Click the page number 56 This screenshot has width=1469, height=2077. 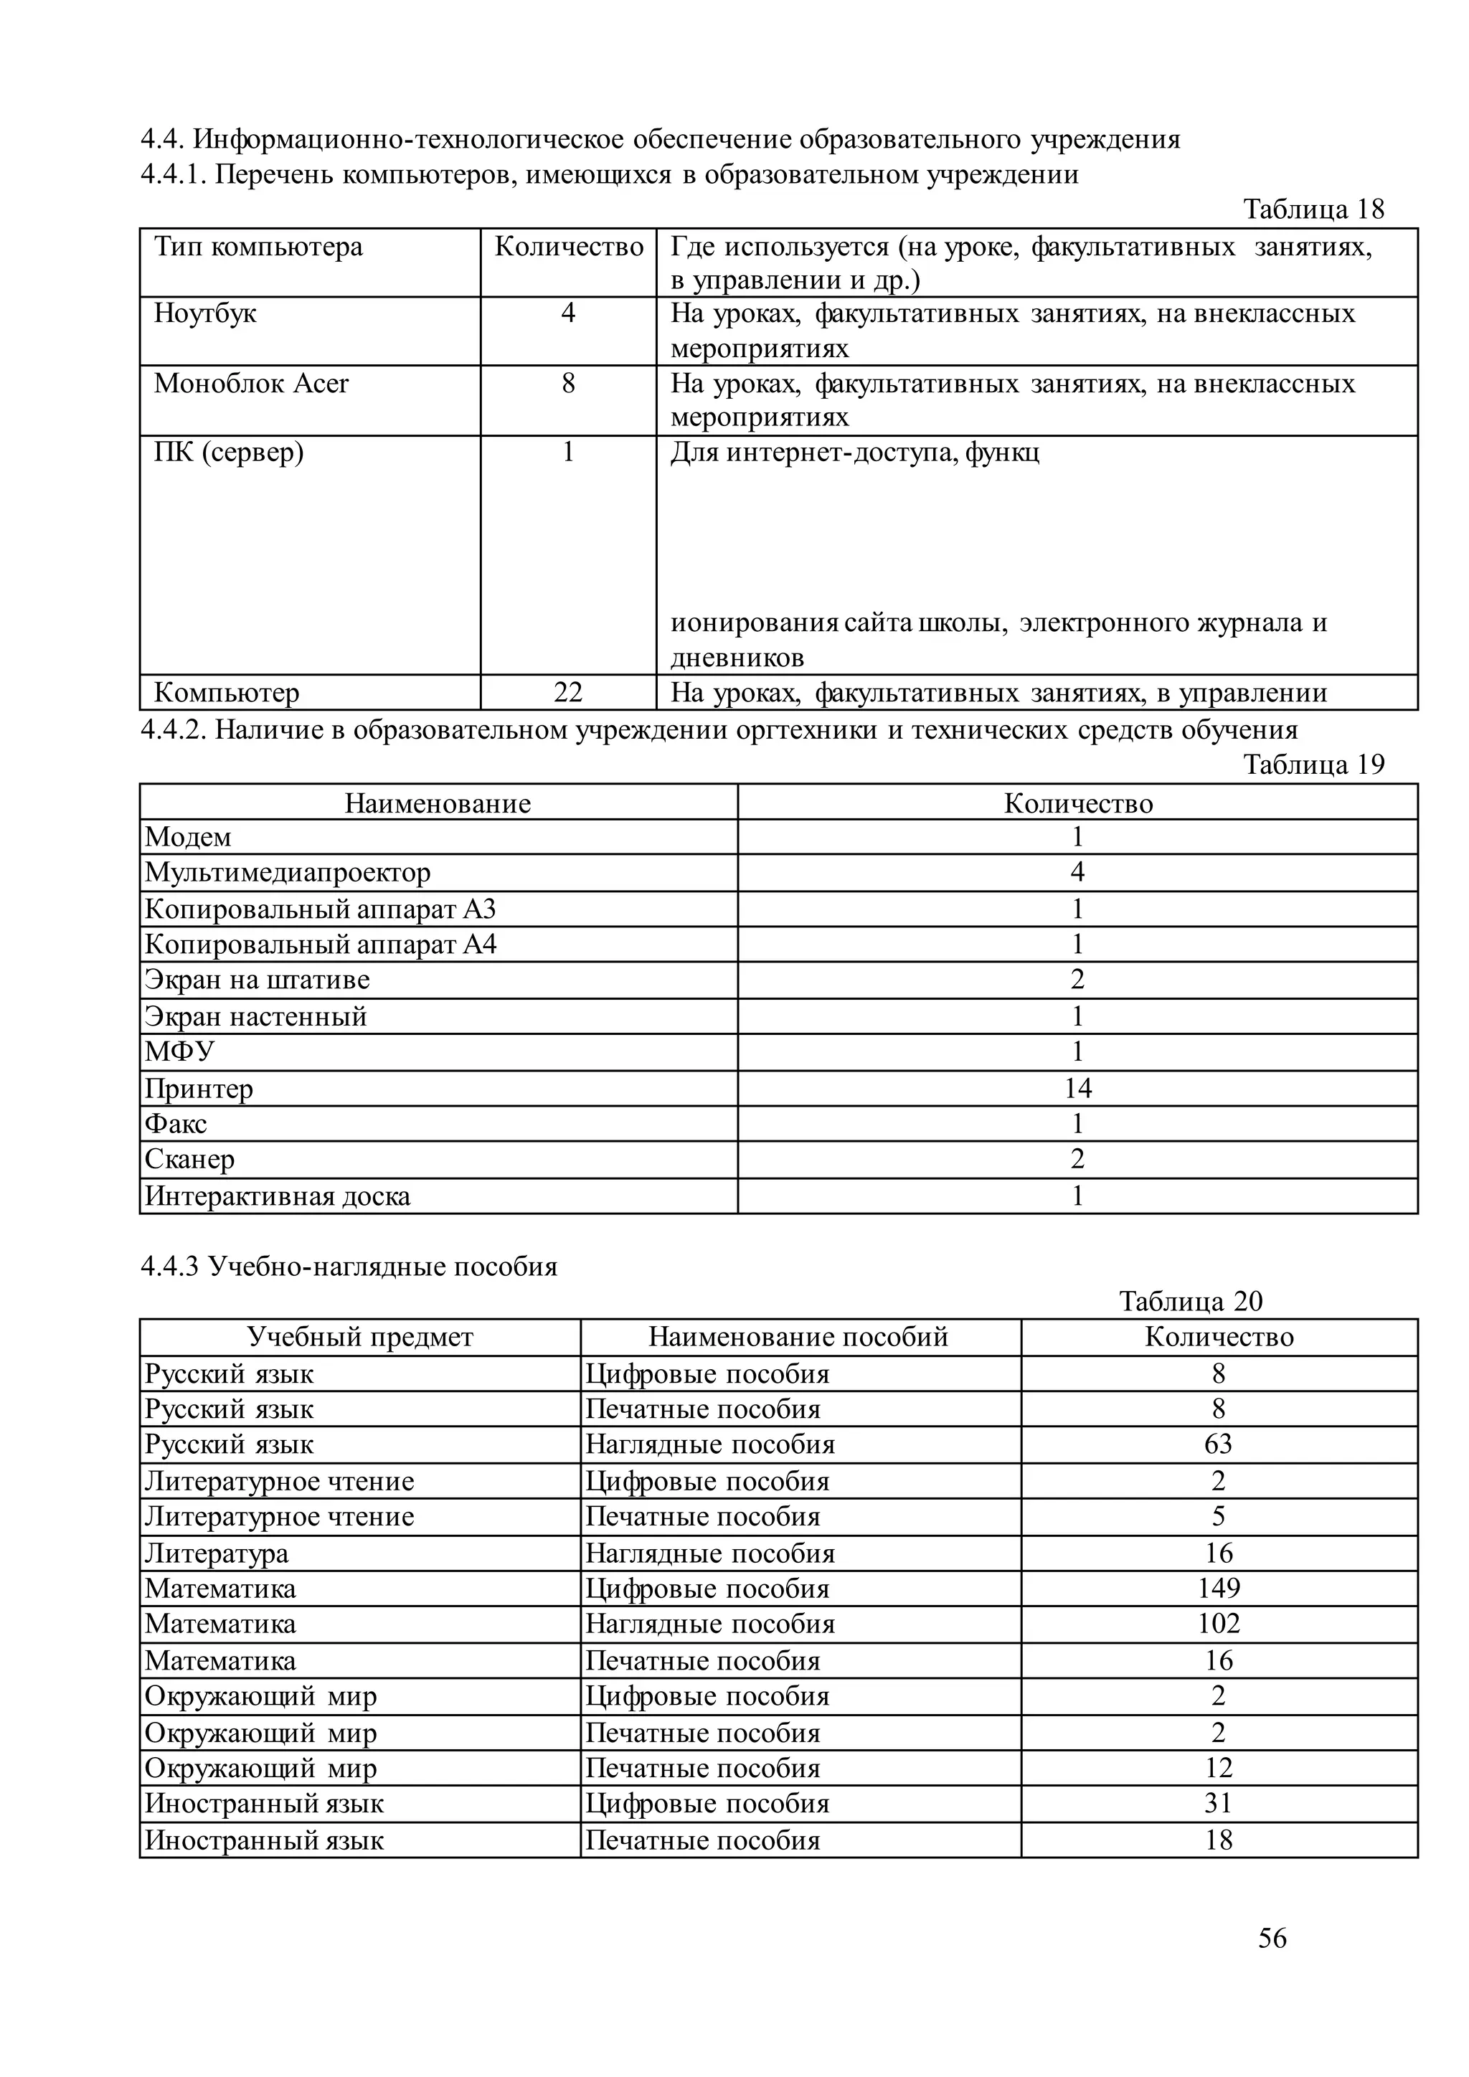click(1271, 1938)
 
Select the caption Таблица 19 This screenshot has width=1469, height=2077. click(1313, 765)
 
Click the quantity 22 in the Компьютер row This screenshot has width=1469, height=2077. click(568, 693)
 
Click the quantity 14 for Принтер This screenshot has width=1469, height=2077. click(1077, 1087)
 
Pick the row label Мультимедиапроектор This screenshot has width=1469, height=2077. click(288, 873)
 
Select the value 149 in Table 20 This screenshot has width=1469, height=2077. click(1219, 1588)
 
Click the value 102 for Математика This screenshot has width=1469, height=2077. click(1219, 1623)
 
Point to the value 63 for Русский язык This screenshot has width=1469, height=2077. click(1219, 1444)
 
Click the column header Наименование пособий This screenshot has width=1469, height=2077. click(799, 1336)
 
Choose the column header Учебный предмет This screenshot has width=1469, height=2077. click(360, 1336)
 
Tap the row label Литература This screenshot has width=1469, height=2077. click(217, 1553)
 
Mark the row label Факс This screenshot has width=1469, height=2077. click(176, 1124)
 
